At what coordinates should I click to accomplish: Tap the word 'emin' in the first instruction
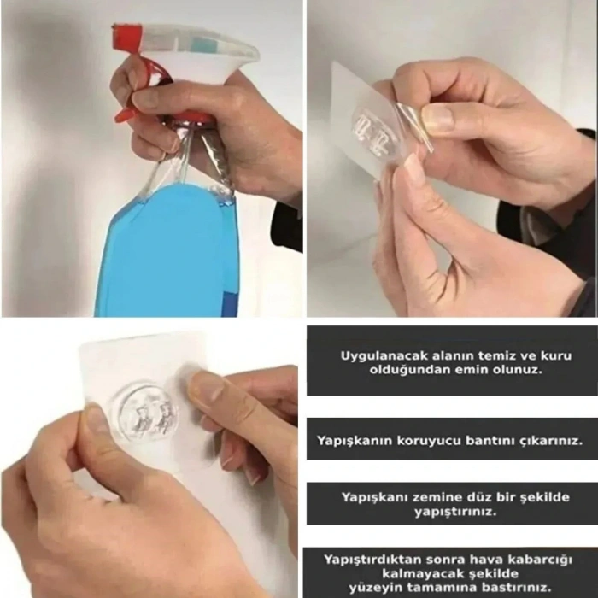click(x=472, y=372)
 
